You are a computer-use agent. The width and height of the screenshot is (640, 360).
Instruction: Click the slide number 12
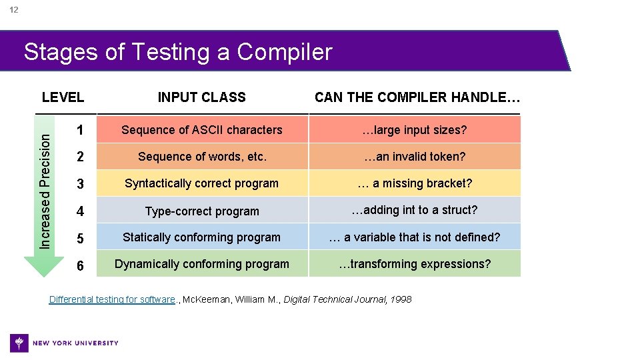[13, 10]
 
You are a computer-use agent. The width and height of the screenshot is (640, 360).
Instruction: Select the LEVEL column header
[63, 97]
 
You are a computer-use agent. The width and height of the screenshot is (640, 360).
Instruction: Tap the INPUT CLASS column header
[201, 97]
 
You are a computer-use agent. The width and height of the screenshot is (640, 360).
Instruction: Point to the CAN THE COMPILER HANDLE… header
[417, 97]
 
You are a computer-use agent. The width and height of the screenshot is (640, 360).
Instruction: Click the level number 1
[80, 130]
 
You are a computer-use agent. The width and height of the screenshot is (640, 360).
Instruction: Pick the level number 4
[80, 211]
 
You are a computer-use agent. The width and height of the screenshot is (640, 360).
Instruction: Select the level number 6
[80, 265]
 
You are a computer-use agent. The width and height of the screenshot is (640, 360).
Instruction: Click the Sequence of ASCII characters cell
[201, 130]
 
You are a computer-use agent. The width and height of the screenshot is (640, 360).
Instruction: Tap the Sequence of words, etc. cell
[201, 157]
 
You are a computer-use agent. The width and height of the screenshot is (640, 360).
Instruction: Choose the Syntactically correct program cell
[201, 183]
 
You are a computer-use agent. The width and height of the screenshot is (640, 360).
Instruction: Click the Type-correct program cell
[201, 211]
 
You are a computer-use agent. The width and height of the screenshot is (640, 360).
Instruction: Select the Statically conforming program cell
[201, 237]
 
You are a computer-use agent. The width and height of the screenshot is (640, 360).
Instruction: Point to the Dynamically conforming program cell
[201, 264]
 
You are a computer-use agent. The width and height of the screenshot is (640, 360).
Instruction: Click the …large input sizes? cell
[414, 130]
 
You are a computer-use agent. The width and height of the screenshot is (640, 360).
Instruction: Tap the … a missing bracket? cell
[414, 183]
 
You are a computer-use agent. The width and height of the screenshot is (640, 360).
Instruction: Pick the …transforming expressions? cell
[414, 264]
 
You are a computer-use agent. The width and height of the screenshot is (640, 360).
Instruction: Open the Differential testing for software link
[112, 299]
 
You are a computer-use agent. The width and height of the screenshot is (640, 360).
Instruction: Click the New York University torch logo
[20, 343]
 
